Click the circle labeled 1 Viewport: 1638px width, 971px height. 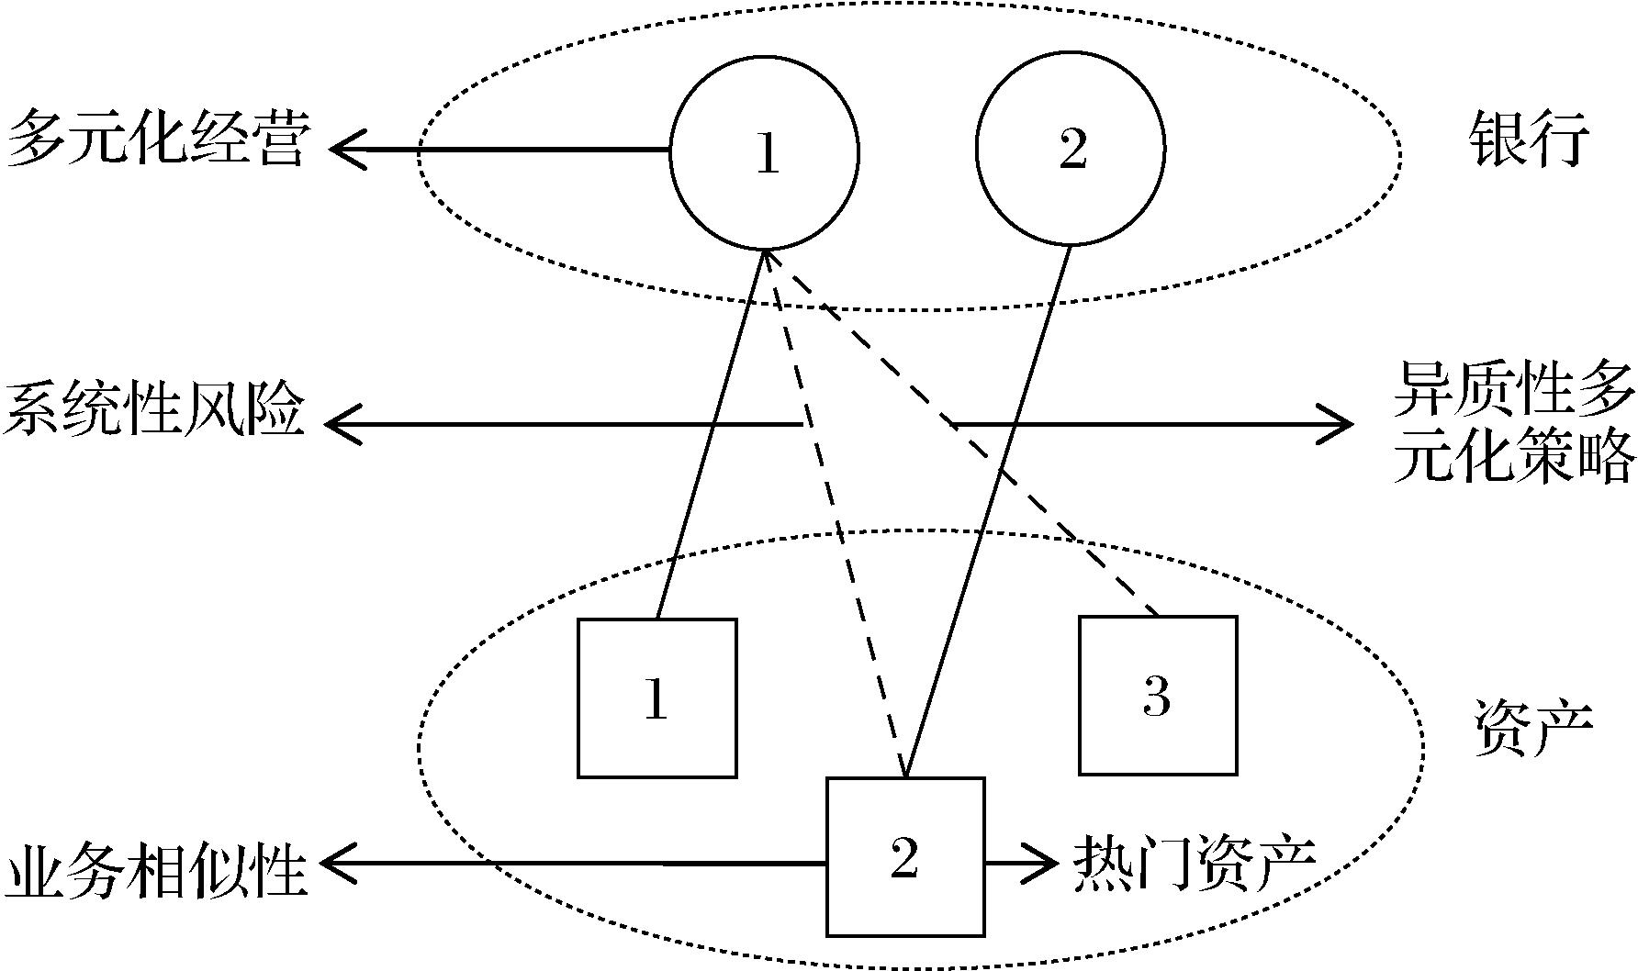[765, 152]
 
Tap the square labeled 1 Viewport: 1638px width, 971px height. [656, 698]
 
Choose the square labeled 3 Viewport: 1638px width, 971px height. [1157, 695]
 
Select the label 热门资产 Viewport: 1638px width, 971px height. [1195, 864]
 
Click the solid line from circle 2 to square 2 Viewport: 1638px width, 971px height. [987, 514]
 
